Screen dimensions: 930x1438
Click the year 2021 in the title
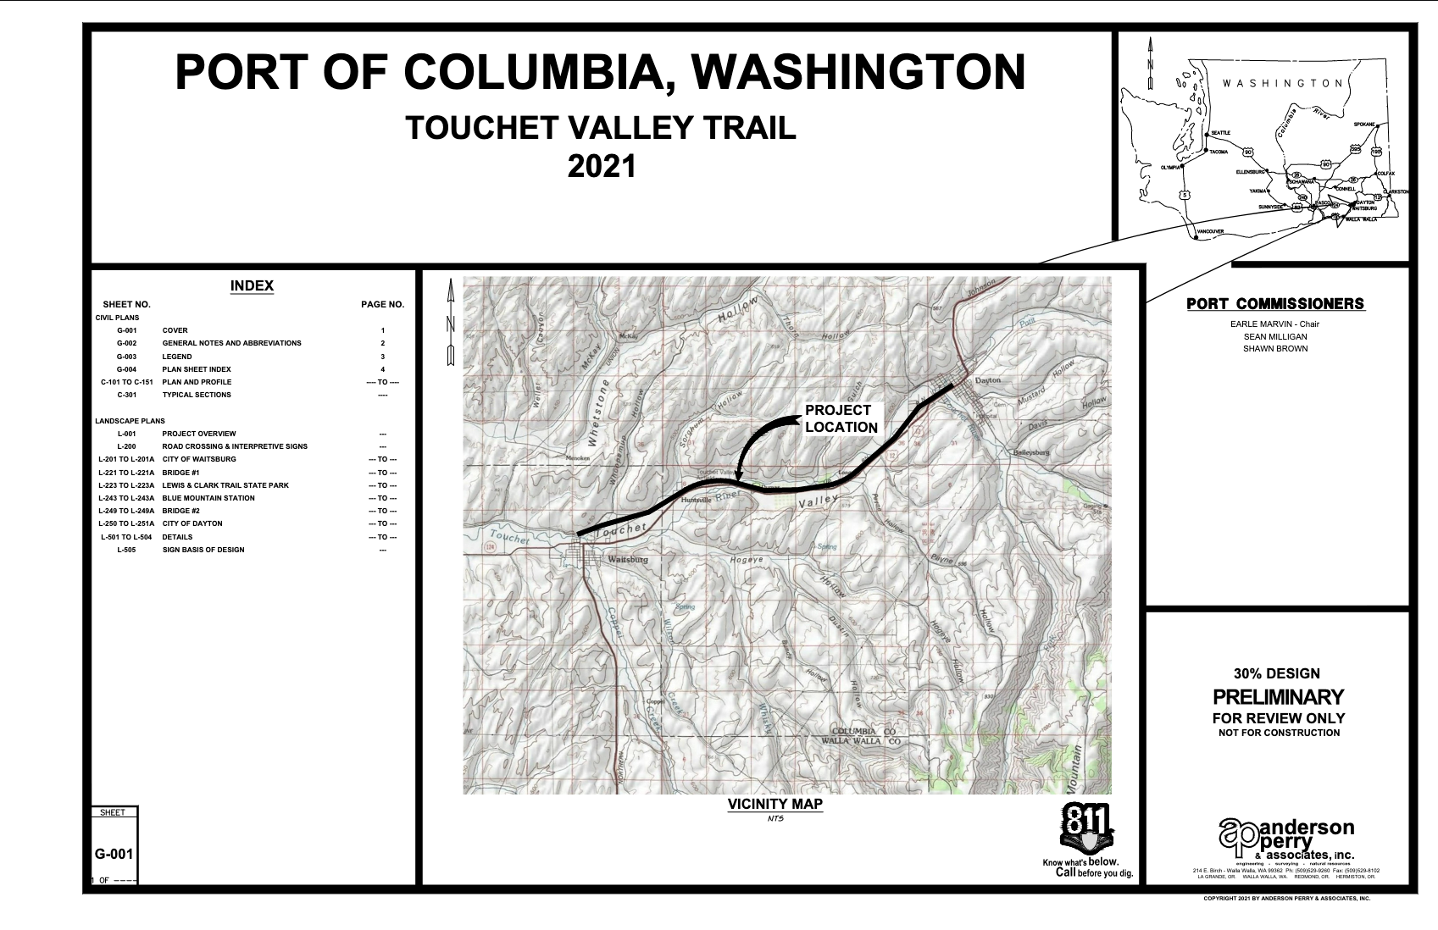click(x=601, y=165)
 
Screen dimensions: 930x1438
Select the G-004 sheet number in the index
click(x=126, y=369)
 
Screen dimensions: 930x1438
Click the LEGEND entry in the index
click(x=177, y=357)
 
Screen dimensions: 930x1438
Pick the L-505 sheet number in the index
click(x=126, y=550)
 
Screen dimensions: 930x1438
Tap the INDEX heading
click(x=252, y=286)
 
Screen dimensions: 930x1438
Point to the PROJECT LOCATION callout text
click(x=841, y=418)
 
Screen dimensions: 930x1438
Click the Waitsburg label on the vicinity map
click(x=628, y=560)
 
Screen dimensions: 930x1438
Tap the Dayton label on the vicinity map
click(x=988, y=380)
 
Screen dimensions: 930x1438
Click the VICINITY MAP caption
click(x=775, y=804)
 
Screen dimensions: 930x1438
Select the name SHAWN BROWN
click(x=1274, y=349)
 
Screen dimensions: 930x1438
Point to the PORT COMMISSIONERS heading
click(x=1275, y=304)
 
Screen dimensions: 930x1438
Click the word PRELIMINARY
click(x=1278, y=697)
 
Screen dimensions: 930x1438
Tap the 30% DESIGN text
click(x=1276, y=674)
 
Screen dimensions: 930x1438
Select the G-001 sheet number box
click(x=114, y=854)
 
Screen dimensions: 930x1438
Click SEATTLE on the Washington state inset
click(x=1220, y=133)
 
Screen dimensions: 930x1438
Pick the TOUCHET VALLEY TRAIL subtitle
click(x=601, y=128)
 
